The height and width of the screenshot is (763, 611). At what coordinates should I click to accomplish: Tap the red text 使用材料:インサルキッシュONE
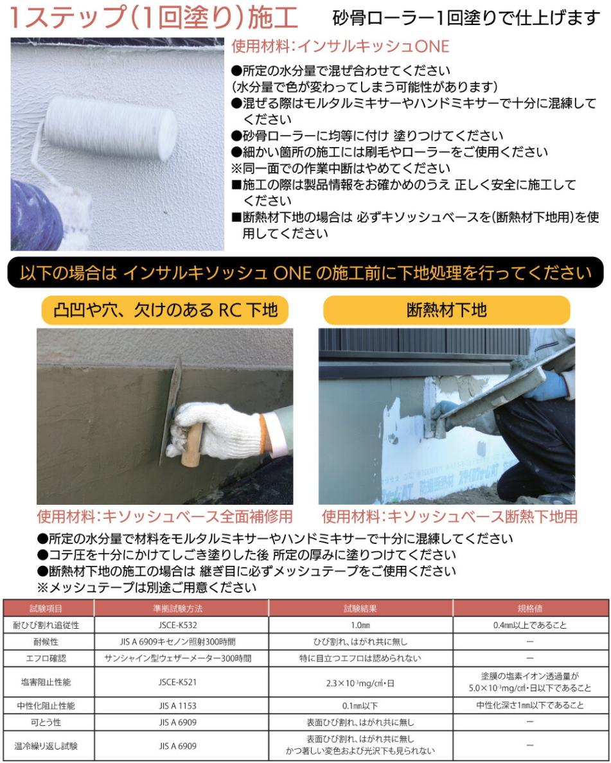pyautogui.click(x=340, y=47)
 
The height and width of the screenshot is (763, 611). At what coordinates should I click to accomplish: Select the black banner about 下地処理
pyautogui.click(x=305, y=272)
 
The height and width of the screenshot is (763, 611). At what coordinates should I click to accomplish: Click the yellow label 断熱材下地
pyautogui.click(x=447, y=310)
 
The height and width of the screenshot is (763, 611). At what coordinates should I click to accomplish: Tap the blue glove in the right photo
pyautogui.click(x=553, y=385)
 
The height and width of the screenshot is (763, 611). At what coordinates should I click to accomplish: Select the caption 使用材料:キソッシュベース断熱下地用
pyautogui.click(x=449, y=516)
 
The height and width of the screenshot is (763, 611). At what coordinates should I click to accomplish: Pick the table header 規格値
pyautogui.click(x=530, y=608)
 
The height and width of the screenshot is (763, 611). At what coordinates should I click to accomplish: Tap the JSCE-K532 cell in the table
pyautogui.click(x=181, y=624)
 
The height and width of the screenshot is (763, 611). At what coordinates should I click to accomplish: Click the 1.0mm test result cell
pyautogui.click(x=360, y=624)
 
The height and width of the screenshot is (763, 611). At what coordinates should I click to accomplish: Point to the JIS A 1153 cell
pyautogui.click(x=181, y=705)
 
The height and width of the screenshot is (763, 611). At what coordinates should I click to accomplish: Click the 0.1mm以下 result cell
pyautogui.click(x=360, y=705)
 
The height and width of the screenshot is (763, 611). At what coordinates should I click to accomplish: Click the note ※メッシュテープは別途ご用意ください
pyautogui.click(x=146, y=587)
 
